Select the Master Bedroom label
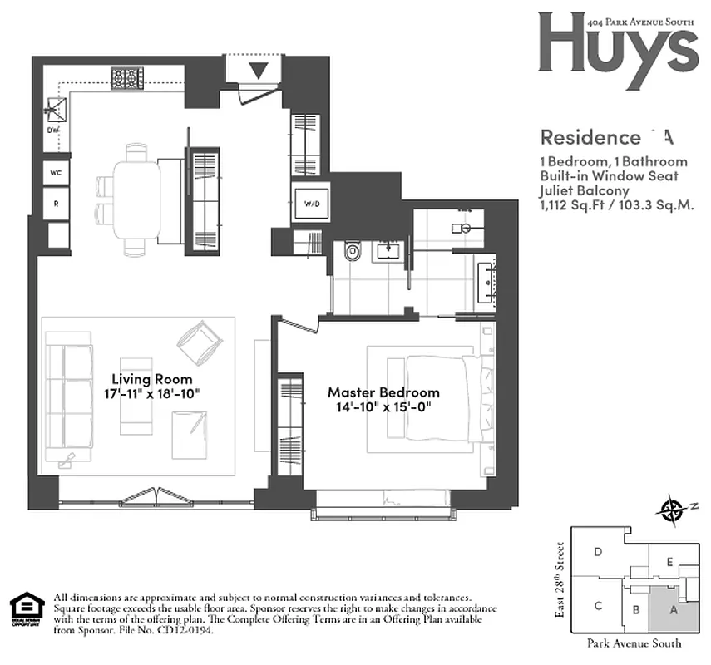coord(383,392)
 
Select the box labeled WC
coord(57,173)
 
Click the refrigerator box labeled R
coord(57,203)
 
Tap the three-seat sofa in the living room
coord(68,399)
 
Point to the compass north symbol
coord(669,510)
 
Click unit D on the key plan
coord(597,552)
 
